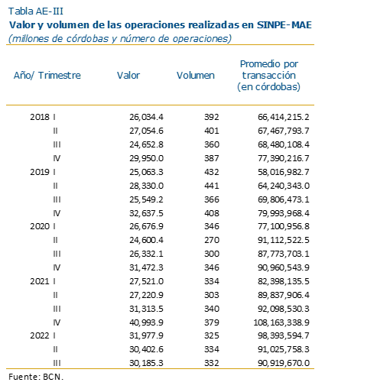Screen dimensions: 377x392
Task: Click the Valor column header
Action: pyautogui.click(x=128, y=76)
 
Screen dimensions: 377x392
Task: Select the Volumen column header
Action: pyautogui.click(x=196, y=76)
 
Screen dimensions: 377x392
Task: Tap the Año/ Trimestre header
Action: pyautogui.click(x=47, y=76)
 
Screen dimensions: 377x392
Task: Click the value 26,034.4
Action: pyautogui.click(x=146, y=117)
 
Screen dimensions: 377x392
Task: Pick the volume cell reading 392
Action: pyautogui.click(x=212, y=117)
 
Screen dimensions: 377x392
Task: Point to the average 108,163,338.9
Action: pyautogui.click(x=281, y=322)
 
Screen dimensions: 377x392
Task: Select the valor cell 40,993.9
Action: pyautogui.click(x=146, y=322)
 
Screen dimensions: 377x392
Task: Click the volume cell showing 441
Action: pyautogui.click(x=212, y=186)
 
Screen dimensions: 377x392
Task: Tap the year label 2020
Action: pyautogui.click(x=40, y=226)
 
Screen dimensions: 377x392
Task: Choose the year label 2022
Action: pyautogui.click(x=40, y=335)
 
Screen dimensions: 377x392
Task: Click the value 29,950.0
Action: pyautogui.click(x=146, y=158)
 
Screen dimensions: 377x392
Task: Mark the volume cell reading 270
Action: pyautogui.click(x=212, y=240)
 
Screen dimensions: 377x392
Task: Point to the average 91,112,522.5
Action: pyautogui.click(x=284, y=240)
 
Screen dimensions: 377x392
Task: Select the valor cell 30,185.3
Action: pyautogui.click(x=146, y=363)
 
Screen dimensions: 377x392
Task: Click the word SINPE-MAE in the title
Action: pyautogui.click(x=284, y=25)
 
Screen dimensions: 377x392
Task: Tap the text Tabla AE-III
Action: pyautogui.click(x=36, y=11)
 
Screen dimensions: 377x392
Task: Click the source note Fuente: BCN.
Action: pyautogui.click(x=36, y=377)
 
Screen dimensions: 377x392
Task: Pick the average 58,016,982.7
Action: pyautogui.click(x=284, y=172)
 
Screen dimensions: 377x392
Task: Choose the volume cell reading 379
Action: pyautogui.click(x=212, y=322)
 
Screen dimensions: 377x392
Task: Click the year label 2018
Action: pyautogui.click(x=40, y=117)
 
